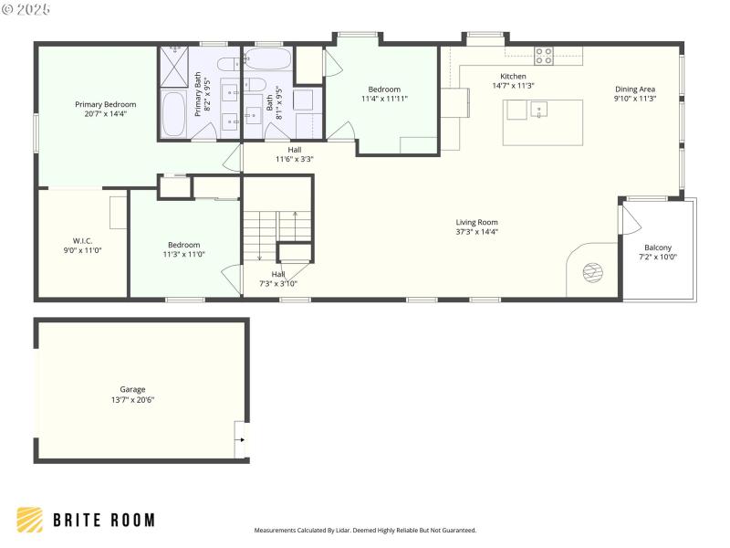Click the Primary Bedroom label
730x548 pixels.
tap(100, 105)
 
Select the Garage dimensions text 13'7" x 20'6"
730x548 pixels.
tap(132, 400)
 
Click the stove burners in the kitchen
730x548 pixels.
tap(544, 56)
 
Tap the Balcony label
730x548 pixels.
tap(657, 248)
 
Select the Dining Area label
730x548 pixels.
tap(634, 89)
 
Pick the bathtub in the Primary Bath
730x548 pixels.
tap(173, 113)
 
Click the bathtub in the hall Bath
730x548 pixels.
tap(267, 60)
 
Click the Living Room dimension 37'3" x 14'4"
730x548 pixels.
tap(477, 233)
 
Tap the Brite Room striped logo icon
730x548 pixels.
tap(30, 520)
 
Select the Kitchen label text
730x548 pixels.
tap(513, 76)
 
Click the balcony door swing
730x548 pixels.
tap(629, 219)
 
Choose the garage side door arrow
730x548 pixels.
tap(241, 439)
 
